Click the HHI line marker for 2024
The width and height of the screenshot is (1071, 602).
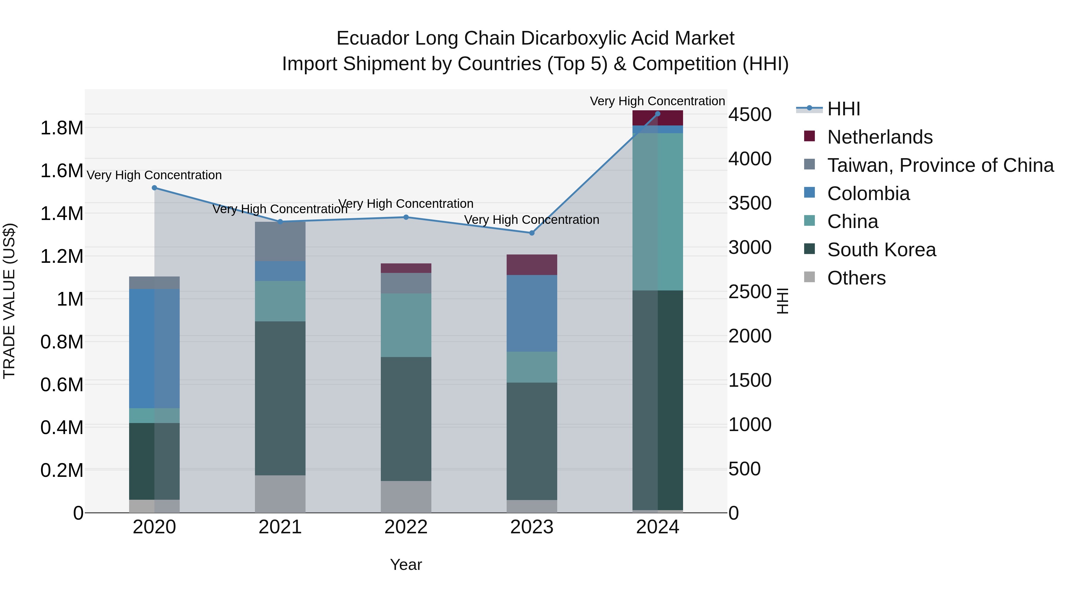coord(657,114)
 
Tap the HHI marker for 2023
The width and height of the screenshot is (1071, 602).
coord(531,233)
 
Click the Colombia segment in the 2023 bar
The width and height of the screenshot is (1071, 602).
coord(531,313)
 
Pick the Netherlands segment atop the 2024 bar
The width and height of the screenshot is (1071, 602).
coord(657,118)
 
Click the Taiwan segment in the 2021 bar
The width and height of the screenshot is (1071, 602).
coord(280,241)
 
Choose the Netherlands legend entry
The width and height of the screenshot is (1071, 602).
coord(880,137)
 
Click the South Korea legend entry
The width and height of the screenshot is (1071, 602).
coord(881,250)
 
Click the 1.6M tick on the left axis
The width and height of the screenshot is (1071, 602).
coord(62,171)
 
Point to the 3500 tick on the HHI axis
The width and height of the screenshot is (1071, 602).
coord(750,203)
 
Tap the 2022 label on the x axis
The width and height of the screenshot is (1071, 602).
coord(406,527)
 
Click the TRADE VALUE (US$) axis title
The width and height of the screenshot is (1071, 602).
coord(9,301)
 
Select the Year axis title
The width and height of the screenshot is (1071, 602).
coord(406,565)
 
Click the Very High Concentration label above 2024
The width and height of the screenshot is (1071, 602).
coord(657,101)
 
